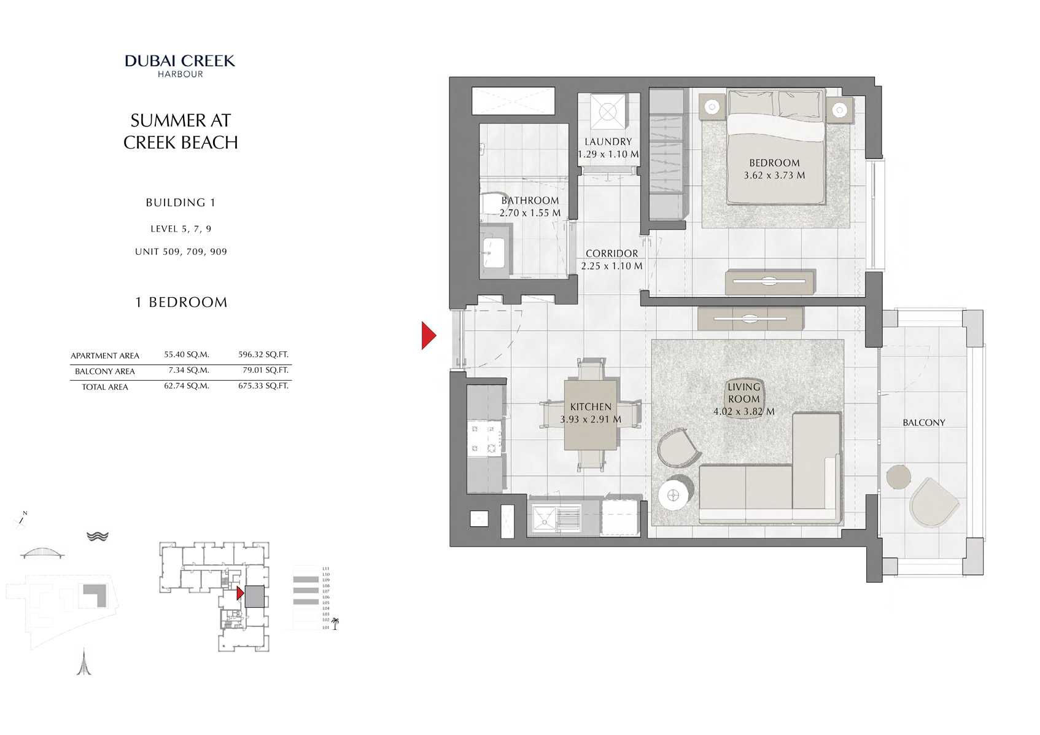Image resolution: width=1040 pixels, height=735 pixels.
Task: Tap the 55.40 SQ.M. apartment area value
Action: tap(187, 354)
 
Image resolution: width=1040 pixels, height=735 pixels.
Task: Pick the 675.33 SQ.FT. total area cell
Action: tap(263, 386)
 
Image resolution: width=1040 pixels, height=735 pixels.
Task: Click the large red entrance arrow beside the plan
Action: tap(429, 335)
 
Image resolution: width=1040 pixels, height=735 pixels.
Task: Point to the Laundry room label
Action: tap(608, 142)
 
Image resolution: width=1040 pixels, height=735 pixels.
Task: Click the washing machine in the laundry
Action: tap(608, 112)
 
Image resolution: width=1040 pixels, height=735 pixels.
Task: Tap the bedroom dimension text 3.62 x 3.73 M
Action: tap(774, 175)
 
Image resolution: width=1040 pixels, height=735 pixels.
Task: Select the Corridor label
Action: tap(611, 253)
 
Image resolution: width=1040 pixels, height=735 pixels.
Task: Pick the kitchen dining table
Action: tap(591, 415)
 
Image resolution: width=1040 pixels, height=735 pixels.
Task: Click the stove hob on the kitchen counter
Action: tap(484, 439)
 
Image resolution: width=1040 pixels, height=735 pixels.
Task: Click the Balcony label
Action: tap(923, 422)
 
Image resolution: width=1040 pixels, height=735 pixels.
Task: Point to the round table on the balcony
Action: tap(899, 476)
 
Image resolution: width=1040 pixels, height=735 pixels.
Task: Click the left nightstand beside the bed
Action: tap(712, 107)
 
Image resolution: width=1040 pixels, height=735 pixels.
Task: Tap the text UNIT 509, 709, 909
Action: tap(181, 251)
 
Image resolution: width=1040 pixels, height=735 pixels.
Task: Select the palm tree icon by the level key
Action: tap(335, 624)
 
